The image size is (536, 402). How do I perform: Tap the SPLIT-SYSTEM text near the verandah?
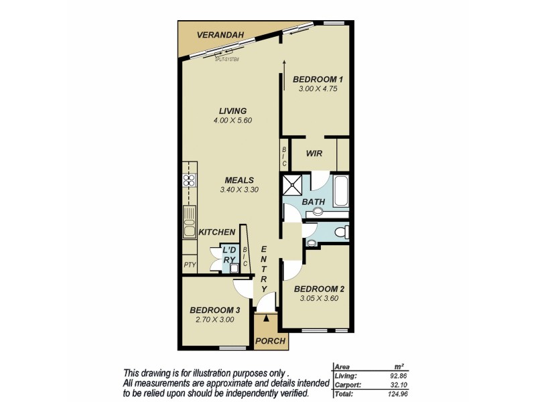227,60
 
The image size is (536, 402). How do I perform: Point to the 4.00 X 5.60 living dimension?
232,121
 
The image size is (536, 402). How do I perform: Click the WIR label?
314,153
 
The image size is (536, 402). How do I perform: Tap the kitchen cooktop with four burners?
189,180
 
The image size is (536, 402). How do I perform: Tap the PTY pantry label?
189,265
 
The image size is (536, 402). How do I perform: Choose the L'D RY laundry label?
229,255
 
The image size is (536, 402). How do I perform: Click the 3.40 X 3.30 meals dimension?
239,190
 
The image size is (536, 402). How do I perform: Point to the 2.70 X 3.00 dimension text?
214,320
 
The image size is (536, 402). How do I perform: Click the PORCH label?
271,341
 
